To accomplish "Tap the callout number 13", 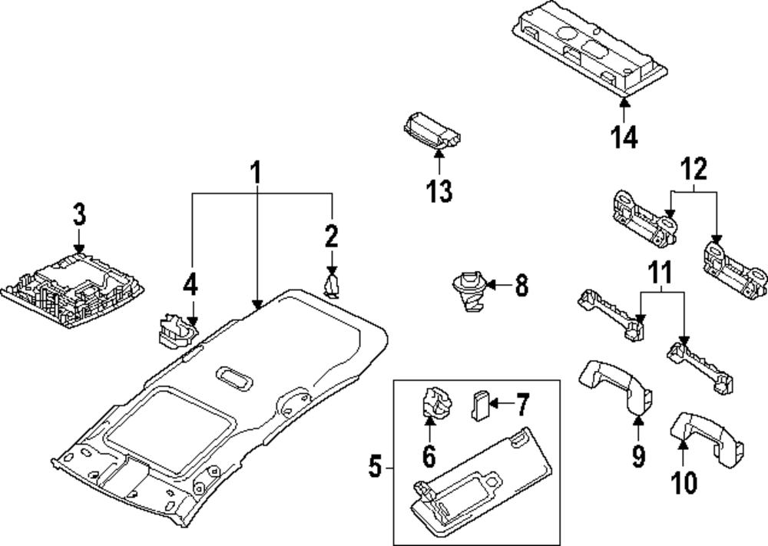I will click(x=439, y=190).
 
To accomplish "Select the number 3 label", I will click(x=79, y=214).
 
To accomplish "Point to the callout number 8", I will click(x=521, y=286).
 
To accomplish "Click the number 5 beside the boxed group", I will click(x=375, y=466).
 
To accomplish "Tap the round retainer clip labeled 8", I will click(x=468, y=290).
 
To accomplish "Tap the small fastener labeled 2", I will click(x=332, y=285).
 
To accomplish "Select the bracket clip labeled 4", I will click(x=175, y=330).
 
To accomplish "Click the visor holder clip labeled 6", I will click(x=436, y=404).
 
